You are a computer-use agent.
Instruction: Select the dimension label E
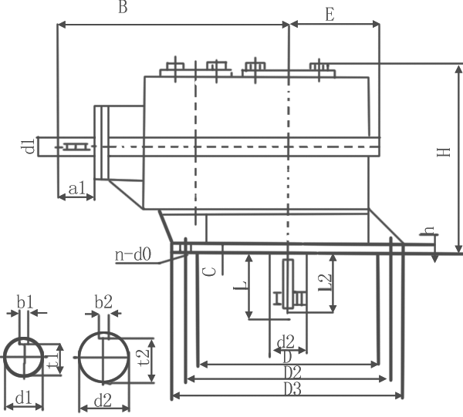pos(330,14)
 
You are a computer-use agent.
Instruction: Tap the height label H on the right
pos(442,153)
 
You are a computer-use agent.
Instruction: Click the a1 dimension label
pos(76,187)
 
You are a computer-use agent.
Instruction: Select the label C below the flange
pos(207,271)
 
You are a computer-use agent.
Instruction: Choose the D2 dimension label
pos(292,372)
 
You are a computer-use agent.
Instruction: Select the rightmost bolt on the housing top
pos(319,68)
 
